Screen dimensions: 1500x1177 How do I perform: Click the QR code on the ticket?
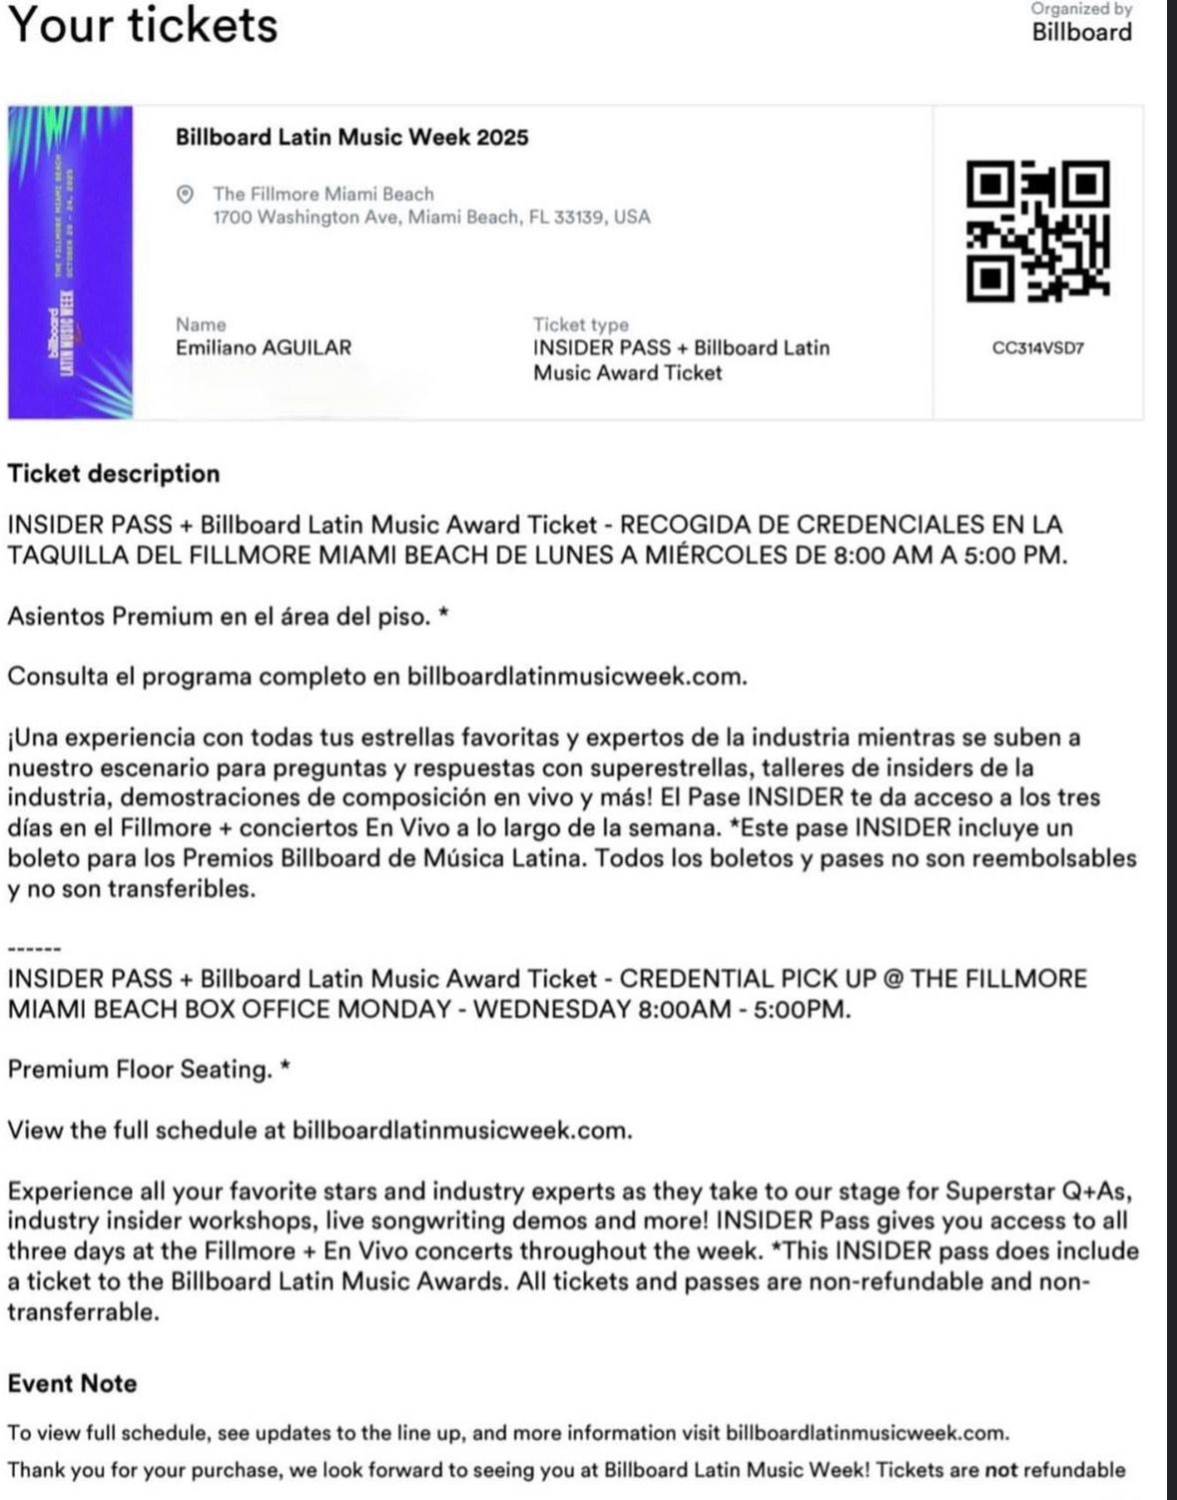1038,232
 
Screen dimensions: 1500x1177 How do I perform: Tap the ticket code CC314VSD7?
1038,348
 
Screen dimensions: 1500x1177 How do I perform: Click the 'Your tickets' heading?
143,24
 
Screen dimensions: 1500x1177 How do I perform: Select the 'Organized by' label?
1082,9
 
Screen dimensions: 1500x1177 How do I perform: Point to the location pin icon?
185,194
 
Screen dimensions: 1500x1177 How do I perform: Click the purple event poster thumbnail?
70,261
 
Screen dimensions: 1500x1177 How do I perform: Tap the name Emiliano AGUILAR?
264,348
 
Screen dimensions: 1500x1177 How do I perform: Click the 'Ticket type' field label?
581,324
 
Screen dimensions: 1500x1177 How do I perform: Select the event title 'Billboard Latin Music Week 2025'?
351,137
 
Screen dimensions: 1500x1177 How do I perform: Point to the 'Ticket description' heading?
114,473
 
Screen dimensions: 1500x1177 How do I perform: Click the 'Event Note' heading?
72,1383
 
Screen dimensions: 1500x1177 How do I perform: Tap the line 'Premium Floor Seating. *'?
149,1070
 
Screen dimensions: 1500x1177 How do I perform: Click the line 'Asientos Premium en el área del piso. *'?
229,616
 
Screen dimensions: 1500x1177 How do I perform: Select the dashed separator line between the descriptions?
34,948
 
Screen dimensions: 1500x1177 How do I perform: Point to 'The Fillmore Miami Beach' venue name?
323,194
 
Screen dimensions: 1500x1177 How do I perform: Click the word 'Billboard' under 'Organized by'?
1082,32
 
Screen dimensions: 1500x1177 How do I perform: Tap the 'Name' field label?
201,324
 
